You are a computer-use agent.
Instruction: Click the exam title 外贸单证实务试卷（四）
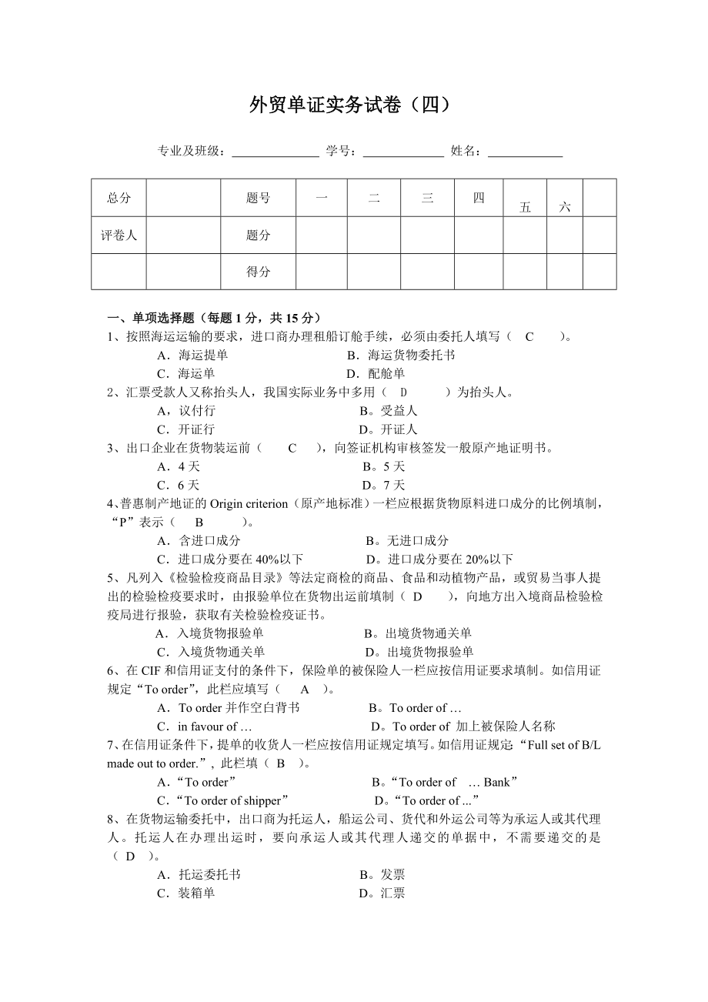pyautogui.click(x=349, y=105)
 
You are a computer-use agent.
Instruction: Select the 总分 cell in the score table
pyautogui.click(x=119, y=198)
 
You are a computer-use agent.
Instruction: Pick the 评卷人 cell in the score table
pyautogui.click(x=119, y=235)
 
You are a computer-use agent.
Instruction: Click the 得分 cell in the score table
pyautogui.click(x=258, y=272)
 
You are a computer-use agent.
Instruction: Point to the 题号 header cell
pyautogui.click(x=258, y=198)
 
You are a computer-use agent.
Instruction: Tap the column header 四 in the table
pyautogui.click(x=479, y=198)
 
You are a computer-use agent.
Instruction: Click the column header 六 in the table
pyautogui.click(x=565, y=206)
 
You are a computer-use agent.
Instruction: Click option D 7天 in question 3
pyautogui.click(x=383, y=485)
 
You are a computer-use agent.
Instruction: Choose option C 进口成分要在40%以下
pyautogui.click(x=230, y=559)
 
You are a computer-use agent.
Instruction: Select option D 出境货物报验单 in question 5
pyautogui.click(x=419, y=652)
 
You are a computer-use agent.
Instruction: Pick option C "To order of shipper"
pyautogui.click(x=224, y=800)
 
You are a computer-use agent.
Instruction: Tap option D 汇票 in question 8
pyautogui.click(x=382, y=893)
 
